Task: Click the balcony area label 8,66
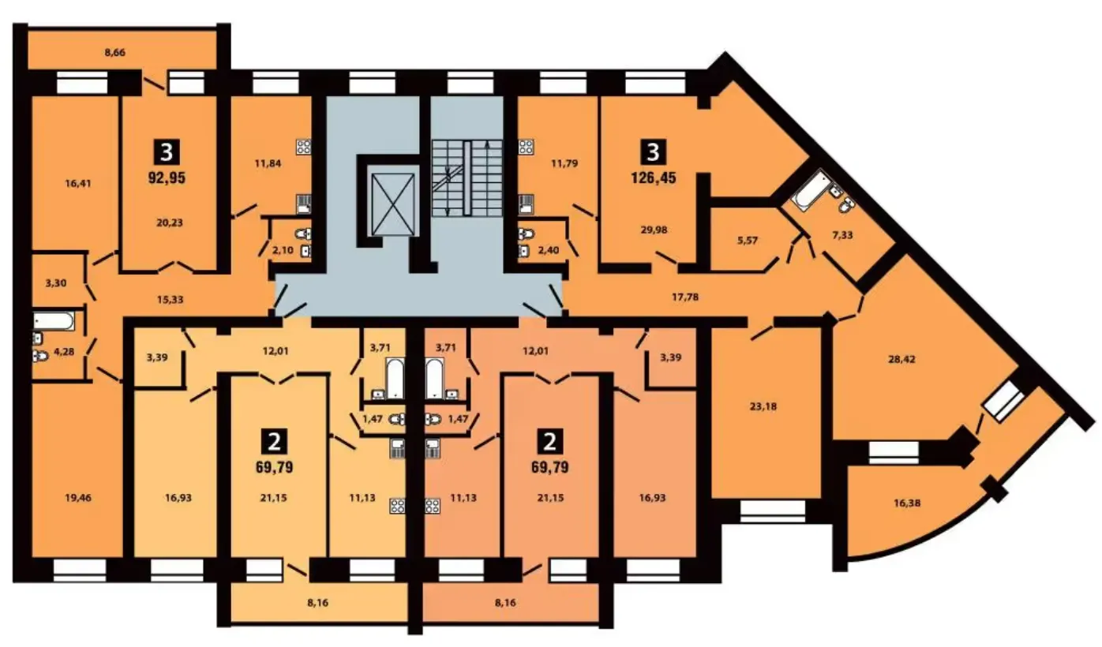tap(114, 52)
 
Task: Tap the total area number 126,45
tap(654, 178)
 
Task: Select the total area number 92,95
tap(167, 178)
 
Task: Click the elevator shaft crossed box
tap(393, 204)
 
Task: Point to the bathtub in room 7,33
tap(810, 191)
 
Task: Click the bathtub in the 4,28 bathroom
tap(54, 322)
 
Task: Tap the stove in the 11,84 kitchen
tap(304, 147)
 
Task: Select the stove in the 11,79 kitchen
tap(527, 147)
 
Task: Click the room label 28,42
tap(901, 359)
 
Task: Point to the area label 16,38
tap(907, 503)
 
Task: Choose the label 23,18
tap(763, 406)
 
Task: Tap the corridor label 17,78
tap(685, 297)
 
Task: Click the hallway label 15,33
tap(170, 299)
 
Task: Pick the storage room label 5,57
tap(748, 241)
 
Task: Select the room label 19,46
tap(78, 498)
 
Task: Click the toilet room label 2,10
tap(283, 250)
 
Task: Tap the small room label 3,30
tap(55, 283)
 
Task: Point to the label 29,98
tap(654, 230)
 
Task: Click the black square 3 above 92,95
tap(167, 152)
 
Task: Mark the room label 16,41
tap(78, 183)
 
